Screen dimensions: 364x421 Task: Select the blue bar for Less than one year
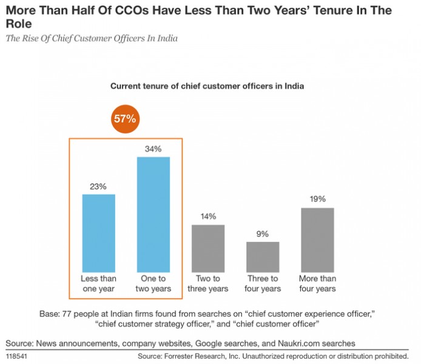98,233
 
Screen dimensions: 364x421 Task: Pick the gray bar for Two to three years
208,248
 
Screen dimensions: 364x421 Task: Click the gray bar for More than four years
317,240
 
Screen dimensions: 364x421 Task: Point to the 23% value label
98,186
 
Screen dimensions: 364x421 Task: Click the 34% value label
153,149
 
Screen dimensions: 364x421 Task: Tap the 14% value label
208,217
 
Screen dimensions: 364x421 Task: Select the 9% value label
263,234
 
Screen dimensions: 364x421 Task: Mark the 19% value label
317,199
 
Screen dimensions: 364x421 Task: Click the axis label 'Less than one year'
98,284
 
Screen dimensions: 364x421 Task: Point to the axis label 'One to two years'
153,284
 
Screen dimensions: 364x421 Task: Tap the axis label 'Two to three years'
208,284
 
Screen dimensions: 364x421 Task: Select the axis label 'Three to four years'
263,284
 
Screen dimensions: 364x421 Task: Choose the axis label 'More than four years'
317,284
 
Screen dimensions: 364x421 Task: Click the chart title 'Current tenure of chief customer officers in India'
207,86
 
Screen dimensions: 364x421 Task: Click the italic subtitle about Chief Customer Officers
92,39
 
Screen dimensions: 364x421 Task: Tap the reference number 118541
18,356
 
